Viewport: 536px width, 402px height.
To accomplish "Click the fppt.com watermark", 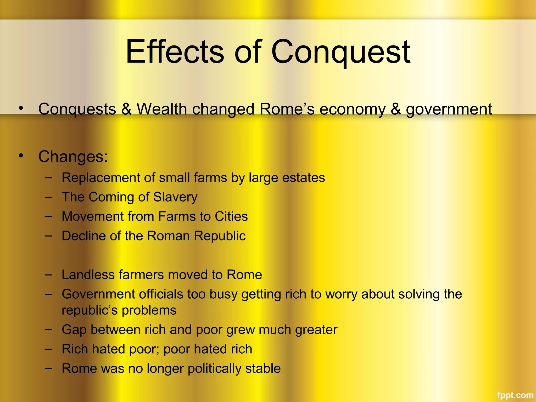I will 515,395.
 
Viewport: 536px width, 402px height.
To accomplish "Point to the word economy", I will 352,109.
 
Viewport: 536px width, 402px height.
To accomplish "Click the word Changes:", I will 73,157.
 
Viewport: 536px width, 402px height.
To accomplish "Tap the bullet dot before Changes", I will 21,156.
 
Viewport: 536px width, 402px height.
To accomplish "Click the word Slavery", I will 175,197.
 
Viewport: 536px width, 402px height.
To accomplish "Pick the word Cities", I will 231,216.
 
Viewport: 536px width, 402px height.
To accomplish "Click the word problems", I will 149,311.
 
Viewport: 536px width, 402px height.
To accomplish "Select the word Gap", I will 74,330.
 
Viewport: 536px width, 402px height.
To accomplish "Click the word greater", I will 316,330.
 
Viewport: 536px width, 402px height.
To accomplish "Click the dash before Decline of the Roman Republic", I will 48,236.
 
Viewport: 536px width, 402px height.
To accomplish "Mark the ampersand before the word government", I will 396,109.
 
